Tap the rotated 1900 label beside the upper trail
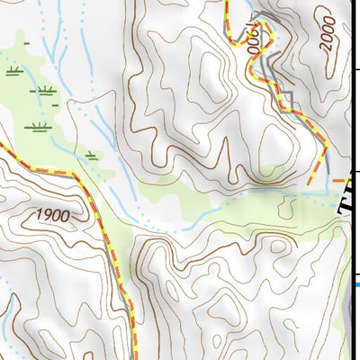(259, 40)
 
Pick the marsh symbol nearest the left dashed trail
(91, 155)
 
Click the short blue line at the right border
(355, 286)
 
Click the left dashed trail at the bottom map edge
(133, 356)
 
